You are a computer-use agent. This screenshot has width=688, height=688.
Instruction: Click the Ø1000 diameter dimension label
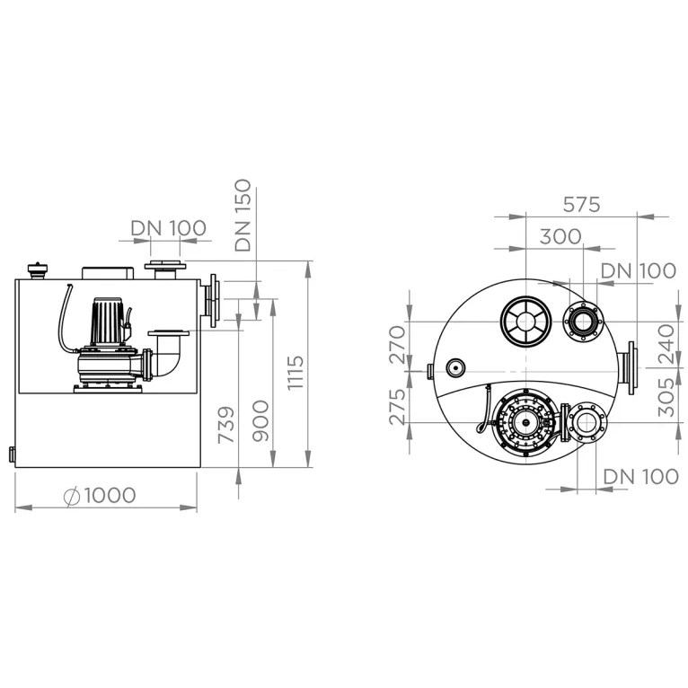[x=100, y=496]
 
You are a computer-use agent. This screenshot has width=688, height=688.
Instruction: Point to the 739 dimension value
[x=226, y=425]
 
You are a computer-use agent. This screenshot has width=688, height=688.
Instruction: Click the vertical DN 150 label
[x=243, y=215]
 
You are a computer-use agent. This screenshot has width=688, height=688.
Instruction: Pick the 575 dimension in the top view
[x=581, y=205]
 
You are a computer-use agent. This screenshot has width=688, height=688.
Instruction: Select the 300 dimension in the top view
[x=560, y=236]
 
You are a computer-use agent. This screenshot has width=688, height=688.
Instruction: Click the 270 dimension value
[x=398, y=344]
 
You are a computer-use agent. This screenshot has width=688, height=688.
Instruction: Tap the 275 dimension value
[x=398, y=407]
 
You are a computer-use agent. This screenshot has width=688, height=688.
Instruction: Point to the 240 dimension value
[x=666, y=344]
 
